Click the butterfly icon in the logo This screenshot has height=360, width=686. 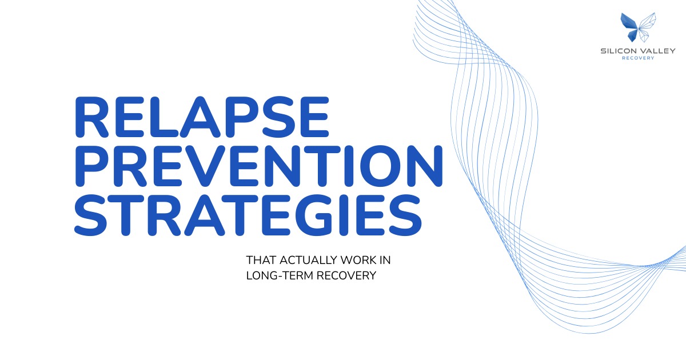[637, 27]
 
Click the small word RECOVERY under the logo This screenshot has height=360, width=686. [638, 58]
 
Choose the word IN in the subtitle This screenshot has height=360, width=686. [385, 261]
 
